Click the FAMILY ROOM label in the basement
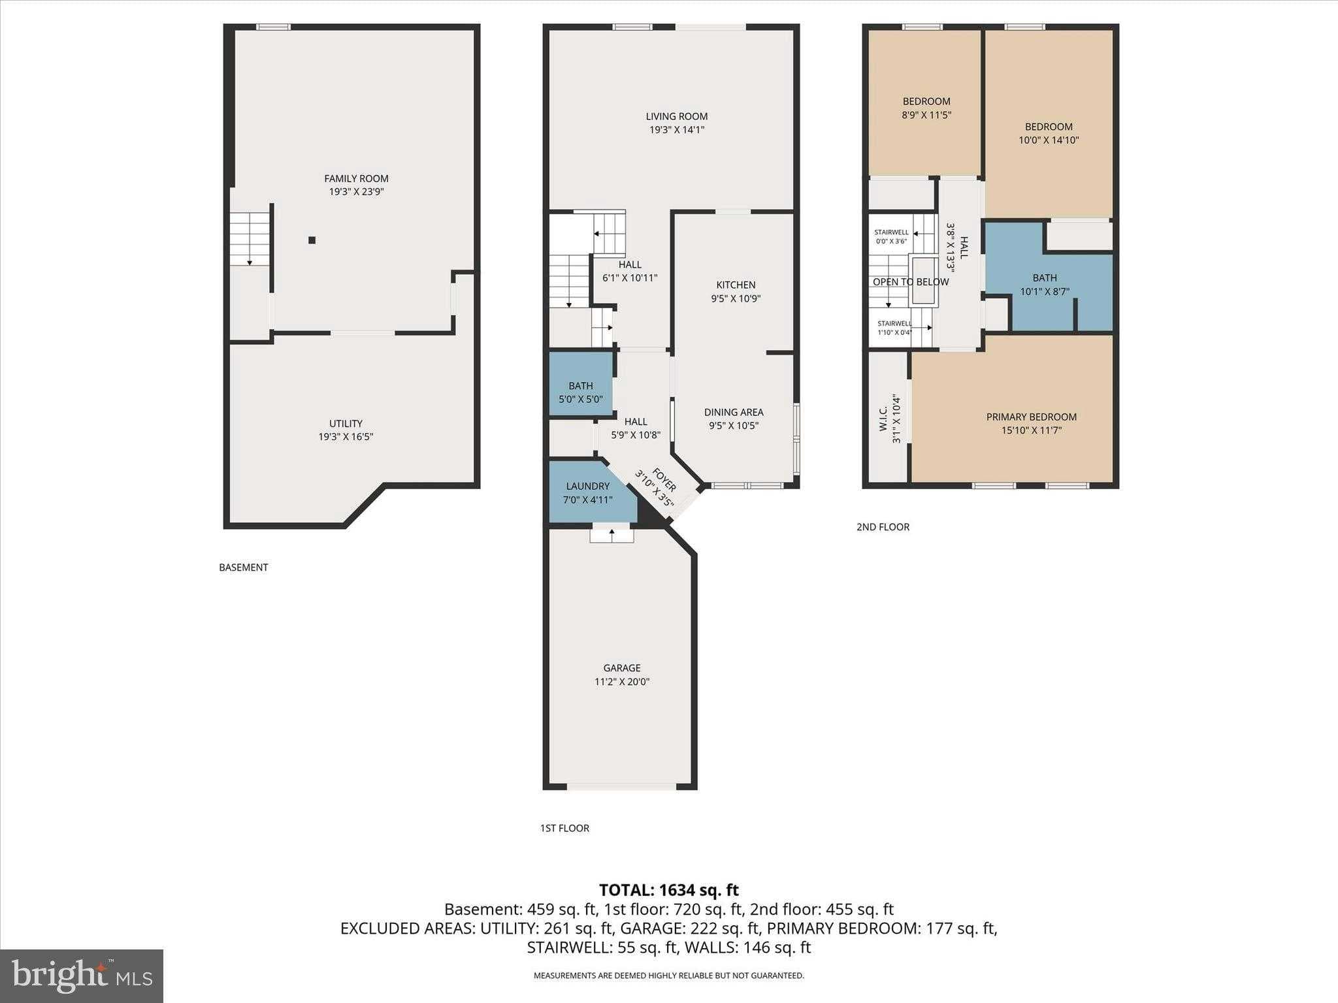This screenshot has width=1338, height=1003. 356,178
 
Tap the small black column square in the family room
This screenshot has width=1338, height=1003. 312,240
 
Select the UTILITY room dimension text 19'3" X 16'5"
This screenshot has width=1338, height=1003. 346,437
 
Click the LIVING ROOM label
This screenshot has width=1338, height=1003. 676,116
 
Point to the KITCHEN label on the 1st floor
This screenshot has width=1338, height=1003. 736,285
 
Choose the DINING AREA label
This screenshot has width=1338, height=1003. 734,412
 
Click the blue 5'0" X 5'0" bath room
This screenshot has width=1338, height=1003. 580,385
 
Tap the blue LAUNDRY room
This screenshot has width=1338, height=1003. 587,493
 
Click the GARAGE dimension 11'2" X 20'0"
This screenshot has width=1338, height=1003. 621,682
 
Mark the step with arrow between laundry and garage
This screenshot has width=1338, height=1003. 612,534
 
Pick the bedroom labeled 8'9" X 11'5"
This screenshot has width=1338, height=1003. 926,108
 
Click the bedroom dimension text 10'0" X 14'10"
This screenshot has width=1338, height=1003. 1049,140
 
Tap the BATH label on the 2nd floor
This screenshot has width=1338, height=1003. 1045,278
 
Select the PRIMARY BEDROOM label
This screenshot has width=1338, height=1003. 1031,417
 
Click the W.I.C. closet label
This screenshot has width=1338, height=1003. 883,419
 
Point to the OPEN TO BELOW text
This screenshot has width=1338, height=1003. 910,282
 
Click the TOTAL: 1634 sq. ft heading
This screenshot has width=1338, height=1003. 668,890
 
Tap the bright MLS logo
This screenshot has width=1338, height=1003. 82,976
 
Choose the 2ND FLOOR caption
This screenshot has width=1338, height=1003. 883,527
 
